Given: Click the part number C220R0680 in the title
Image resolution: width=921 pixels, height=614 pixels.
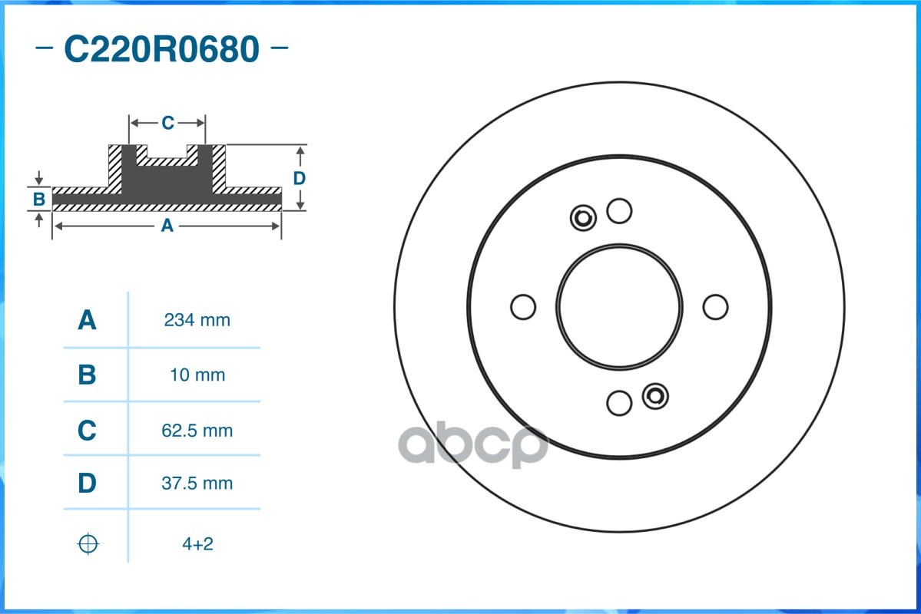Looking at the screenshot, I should tap(161, 50).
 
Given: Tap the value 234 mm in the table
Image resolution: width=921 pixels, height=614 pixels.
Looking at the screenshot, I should tap(197, 320).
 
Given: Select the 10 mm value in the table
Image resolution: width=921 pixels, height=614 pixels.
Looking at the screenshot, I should tap(197, 375).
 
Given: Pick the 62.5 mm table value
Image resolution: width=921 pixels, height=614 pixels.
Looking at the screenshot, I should tap(197, 431).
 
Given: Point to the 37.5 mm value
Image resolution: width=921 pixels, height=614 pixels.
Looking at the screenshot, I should tap(197, 484).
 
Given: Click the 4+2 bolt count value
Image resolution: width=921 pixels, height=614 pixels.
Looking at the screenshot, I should tap(197, 544).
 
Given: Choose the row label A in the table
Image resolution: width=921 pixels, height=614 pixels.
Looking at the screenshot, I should tap(88, 320).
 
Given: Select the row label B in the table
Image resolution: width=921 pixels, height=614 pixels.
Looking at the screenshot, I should tap(88, 375).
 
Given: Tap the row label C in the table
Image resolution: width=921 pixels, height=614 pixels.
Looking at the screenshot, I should tap(88, 431).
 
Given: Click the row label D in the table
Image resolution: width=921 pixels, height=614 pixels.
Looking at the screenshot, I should tap(88, 484).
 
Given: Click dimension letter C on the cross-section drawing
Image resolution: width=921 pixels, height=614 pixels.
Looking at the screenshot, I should tap(167, 123).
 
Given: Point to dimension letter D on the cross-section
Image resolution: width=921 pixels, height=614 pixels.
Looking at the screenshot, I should tap(300, 178).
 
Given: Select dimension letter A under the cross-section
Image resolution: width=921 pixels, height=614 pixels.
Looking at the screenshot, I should tap(167, 226).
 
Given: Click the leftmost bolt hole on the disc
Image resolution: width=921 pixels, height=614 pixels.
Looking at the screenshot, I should tap(523, 306).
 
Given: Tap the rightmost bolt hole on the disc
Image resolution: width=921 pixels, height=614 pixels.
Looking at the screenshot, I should tap(715, 306).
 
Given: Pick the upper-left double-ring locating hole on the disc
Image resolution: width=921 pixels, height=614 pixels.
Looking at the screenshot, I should tap(583, 219).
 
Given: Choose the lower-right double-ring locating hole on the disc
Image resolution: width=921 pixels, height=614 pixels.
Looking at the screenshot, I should tap(655, 395).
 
